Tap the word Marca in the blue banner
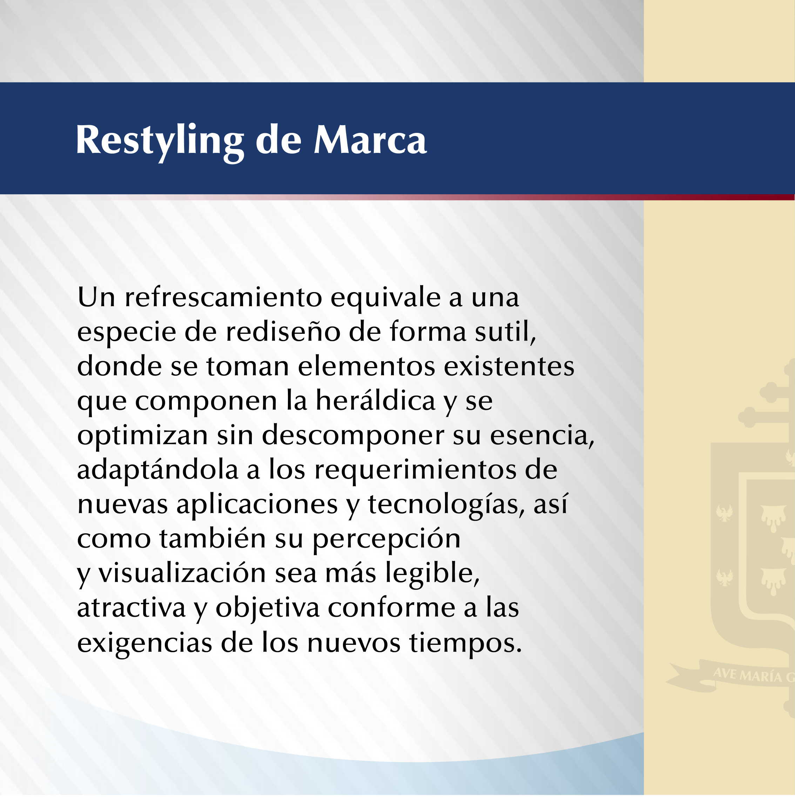pos(370,140)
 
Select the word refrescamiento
pos(223,297)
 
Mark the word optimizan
pos(142,435)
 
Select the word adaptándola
pos(157,470)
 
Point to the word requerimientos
pos(415,470)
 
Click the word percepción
pos(386,540)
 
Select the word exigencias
pos(144,643)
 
